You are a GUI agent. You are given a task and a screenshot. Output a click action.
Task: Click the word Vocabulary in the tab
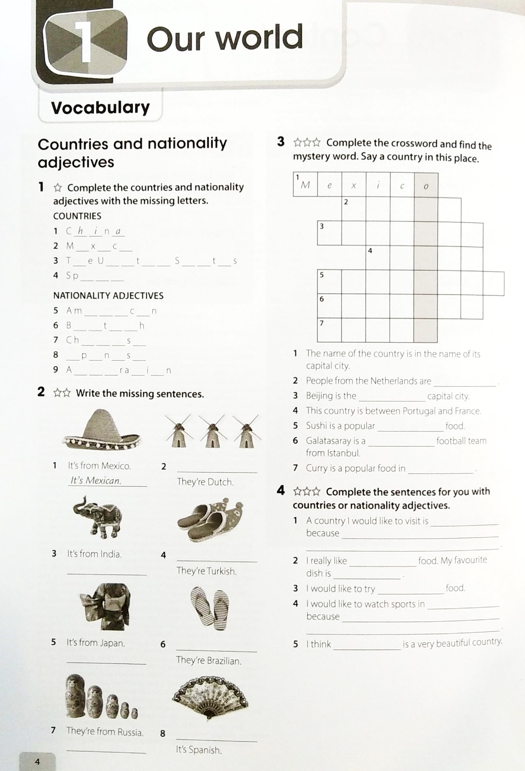(100, 107)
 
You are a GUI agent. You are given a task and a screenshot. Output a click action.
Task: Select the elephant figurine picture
(98, 517)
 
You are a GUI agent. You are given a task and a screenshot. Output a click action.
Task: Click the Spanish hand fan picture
(210, 697)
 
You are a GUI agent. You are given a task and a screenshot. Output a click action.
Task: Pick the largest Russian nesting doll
(75, 696)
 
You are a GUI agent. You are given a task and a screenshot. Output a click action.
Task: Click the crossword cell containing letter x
(354, 185)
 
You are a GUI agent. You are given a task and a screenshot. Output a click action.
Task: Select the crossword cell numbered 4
(378, 258)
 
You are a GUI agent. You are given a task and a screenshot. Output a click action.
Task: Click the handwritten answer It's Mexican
(96, 480)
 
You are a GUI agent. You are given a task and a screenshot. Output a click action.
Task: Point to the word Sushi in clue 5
(317, 426)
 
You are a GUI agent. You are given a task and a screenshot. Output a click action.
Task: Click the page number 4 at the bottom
(37, 761)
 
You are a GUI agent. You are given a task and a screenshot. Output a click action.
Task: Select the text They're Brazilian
(209, 660)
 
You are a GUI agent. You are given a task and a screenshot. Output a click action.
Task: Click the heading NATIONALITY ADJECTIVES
(108, 295)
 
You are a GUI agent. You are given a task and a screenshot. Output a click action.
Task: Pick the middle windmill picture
(212, 431)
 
